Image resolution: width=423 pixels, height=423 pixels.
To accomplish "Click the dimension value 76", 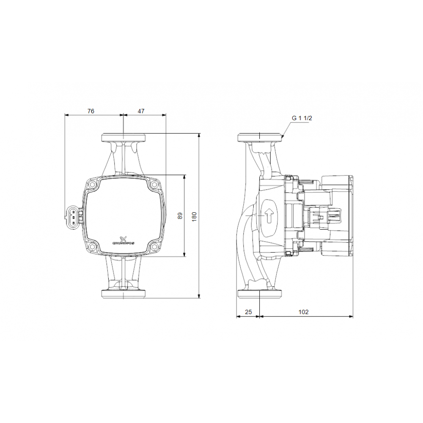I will (x=91, y=111).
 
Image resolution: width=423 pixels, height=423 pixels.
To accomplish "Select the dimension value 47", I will (x=141, y=111).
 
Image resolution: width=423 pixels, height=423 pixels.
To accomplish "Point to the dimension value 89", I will (x=180, y=216).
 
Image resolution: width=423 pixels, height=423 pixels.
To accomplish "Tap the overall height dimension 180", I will (x=195, y=216).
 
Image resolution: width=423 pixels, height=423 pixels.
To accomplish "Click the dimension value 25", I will (x=248, y=312).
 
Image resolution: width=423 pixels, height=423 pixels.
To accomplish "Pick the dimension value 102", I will (x=303, y=312).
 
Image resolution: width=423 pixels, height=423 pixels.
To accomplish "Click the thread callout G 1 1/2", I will (x=302, y=118).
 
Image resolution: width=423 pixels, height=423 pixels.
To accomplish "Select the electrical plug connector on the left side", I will (x=72, y=216).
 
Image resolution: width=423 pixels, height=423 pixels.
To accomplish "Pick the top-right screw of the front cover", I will (x=153, y=184).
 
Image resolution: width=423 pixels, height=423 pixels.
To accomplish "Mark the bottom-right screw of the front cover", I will (x=153, y=247).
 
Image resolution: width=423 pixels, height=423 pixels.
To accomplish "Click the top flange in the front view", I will (x=123, y=137).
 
